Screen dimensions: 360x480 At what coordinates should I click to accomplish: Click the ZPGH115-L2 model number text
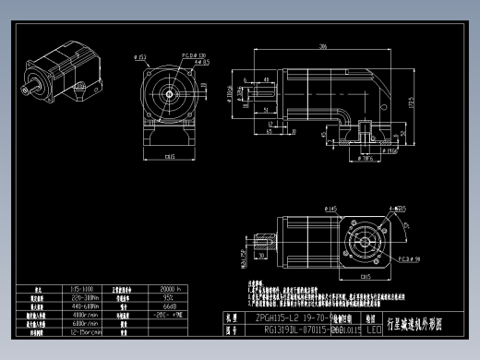(x=272, y=317)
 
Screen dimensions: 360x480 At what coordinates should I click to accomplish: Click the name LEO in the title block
(x=373, y=328)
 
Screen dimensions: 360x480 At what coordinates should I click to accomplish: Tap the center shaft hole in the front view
(x=170, y=93)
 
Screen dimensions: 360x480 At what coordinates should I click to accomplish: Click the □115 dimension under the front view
(x=170, y=157)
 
